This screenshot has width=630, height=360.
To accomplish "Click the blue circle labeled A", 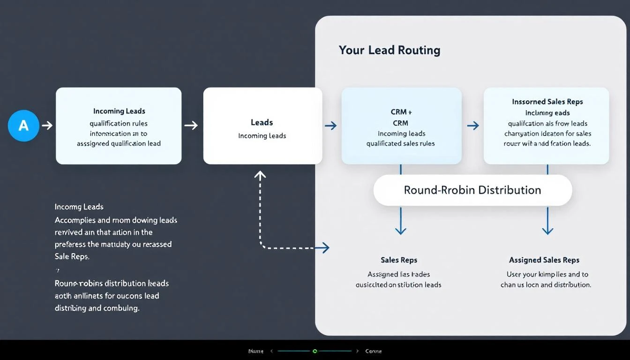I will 23,126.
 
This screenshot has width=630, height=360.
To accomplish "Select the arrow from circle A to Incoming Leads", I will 47,126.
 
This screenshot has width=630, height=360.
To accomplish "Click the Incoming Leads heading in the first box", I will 119,111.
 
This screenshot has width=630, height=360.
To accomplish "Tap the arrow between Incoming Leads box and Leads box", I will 191,125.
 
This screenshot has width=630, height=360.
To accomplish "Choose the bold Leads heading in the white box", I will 262,122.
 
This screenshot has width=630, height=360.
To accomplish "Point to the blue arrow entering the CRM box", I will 331,126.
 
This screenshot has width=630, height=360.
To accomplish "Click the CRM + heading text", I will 401,112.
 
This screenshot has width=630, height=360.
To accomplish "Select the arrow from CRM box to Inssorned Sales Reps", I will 473,126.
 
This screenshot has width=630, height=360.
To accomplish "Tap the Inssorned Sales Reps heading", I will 547,102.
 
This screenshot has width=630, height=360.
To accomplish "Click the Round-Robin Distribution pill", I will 472,190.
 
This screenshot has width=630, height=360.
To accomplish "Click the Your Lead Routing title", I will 389,50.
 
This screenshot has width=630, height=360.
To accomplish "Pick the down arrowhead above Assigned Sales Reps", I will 547,230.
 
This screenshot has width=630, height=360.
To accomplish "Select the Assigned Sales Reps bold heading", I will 544,260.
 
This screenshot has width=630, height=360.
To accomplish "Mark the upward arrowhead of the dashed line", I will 260,175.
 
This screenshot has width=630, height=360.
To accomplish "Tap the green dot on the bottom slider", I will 315,351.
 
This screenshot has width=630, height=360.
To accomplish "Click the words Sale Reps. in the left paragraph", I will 72,256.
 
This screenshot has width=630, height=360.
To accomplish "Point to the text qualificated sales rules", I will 400,143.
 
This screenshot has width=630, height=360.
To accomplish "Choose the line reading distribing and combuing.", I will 97,308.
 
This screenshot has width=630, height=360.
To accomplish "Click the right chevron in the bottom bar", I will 358,351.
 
